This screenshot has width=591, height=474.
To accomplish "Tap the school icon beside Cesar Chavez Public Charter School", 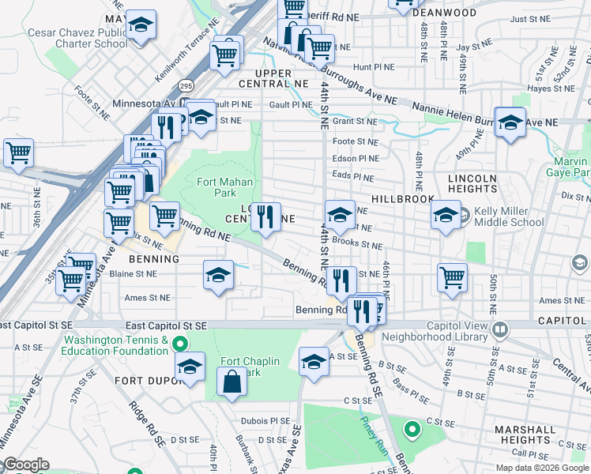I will tap(141, 26).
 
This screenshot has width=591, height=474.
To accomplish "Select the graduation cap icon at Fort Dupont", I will tap(190, 367).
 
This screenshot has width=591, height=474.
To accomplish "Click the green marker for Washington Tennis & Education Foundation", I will tap(180, 344).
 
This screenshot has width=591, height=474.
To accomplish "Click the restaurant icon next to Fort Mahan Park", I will tap(265, 216).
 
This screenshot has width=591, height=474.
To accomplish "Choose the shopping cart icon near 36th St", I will tap(18, 152).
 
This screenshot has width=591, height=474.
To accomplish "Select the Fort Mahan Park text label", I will tap(225, 187).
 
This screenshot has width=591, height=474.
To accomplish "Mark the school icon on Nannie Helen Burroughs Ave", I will tap(510, 122).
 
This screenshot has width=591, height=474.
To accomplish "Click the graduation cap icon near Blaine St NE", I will tap(219, 275).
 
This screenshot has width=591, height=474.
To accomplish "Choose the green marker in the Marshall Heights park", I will tap(411, 430).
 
